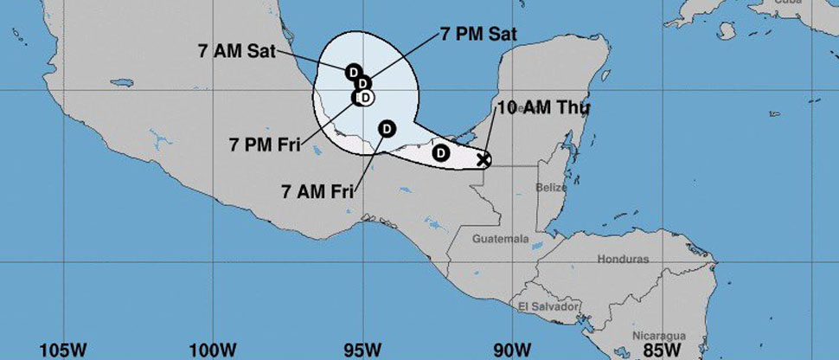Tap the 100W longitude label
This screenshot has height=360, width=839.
click(x=212, y=350)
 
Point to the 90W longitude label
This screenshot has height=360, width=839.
click(x=512, y=350)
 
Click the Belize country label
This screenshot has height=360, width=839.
click(x=550, y=188)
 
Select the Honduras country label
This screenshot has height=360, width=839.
click(x=622, y=259)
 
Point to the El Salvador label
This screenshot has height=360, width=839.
click(x=548, y=306)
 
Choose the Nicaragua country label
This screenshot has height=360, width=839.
click(x=658, y=335)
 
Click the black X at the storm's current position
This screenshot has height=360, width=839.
click(x=484, y=159)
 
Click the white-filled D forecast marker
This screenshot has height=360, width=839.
click(x=366, y=98)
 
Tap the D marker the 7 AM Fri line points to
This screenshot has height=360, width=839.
click(x=387, y=129)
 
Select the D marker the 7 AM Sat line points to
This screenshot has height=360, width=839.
click(x=353, y=71)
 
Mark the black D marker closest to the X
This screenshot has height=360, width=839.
click(x=440, y=153)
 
